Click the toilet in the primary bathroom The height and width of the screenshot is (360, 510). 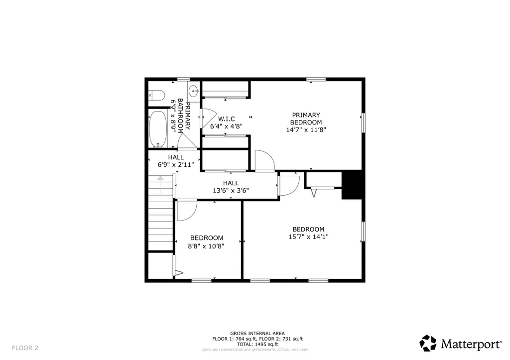[x=157, y=95]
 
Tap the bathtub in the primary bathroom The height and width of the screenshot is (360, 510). [x=158, y=129]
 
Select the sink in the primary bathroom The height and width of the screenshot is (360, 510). [x=194, y=91]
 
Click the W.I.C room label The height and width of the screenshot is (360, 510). [x=226, y=119]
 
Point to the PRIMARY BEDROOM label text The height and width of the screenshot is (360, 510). [x=306, y=119]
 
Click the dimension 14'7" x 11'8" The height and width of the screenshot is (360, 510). [x=306, y=129]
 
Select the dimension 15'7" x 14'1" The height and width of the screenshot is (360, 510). [x=309, y=237]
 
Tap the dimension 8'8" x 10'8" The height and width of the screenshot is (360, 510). [x=206, y=245]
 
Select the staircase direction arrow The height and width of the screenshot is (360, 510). [x=160, y=178]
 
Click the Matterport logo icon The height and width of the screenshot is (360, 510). [x=428, y=343]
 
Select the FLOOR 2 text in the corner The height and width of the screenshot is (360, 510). [x=25, y=348]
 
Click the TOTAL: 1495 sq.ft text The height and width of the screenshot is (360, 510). [x=257, y=344]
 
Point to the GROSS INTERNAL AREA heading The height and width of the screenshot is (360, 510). [x=257, y=333]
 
